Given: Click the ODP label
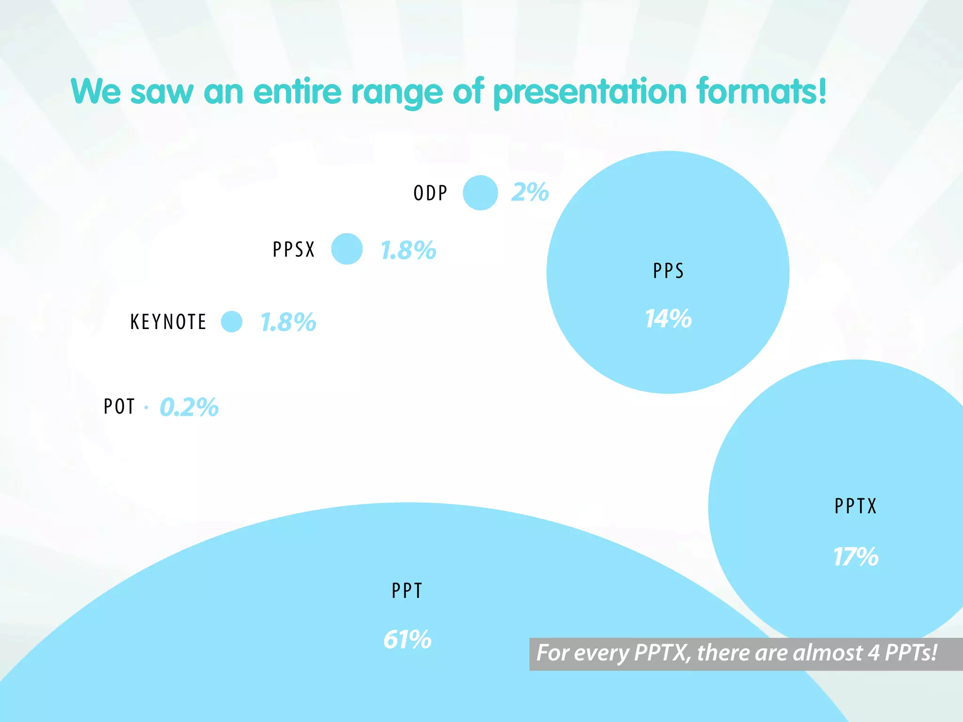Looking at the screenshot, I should tap(430, 193).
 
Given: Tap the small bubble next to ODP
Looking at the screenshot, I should tap(480, 193).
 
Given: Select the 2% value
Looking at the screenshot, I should tap(530, 192).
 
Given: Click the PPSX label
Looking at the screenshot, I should tap(293, 250).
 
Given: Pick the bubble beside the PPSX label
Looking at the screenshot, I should tap(347, 249).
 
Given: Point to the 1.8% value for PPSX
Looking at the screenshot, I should tap(408, 250).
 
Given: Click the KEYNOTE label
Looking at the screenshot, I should tap(168, 322).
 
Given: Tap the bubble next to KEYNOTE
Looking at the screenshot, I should tap(232, 322).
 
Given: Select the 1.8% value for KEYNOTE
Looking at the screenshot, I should tap(288, 322).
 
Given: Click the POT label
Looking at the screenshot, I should tap(119, 407).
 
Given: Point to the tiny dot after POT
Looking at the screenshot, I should tap(146, 408).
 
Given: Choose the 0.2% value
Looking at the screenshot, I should tap(189, 407).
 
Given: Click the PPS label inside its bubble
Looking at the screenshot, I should tap(668, 271).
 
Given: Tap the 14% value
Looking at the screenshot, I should tap(668, 319).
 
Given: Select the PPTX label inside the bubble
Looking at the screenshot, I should tap(855, 506).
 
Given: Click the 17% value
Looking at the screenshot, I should tap(855, 557).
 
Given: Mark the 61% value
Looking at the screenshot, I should tap(407, 640).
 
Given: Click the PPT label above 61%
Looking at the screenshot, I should tap(407, 590).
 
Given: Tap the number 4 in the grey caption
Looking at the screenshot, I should tap(873, 653).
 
